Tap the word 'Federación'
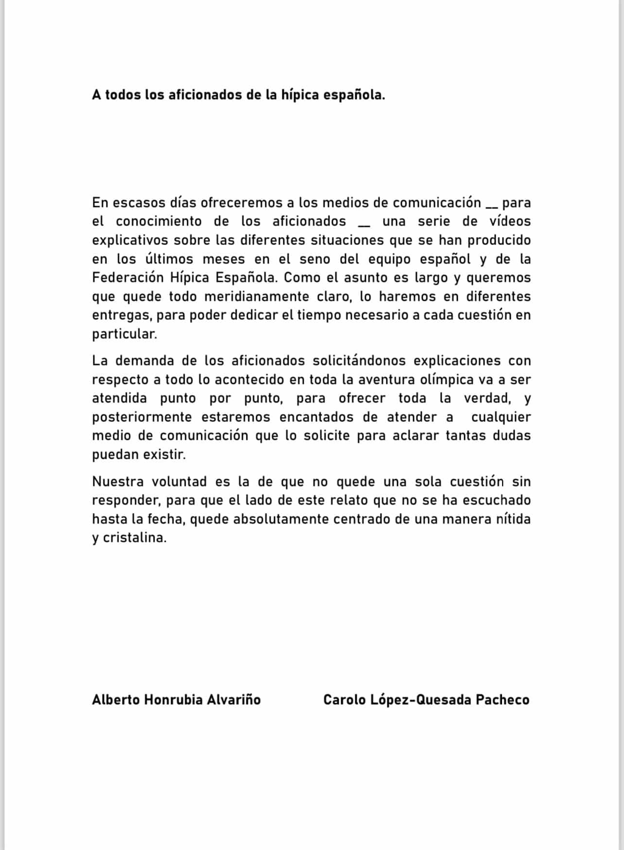click(128, 278)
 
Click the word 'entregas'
click(121, 315)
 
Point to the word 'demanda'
click(144, 361)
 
